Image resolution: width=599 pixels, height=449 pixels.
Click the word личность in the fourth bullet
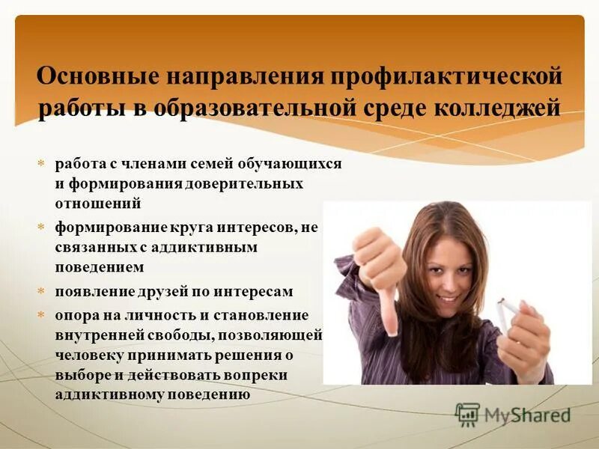pos(149,314)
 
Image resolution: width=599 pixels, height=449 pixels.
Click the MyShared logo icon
pos(467,414)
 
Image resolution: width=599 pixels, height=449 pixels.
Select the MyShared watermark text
pos(527,415)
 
